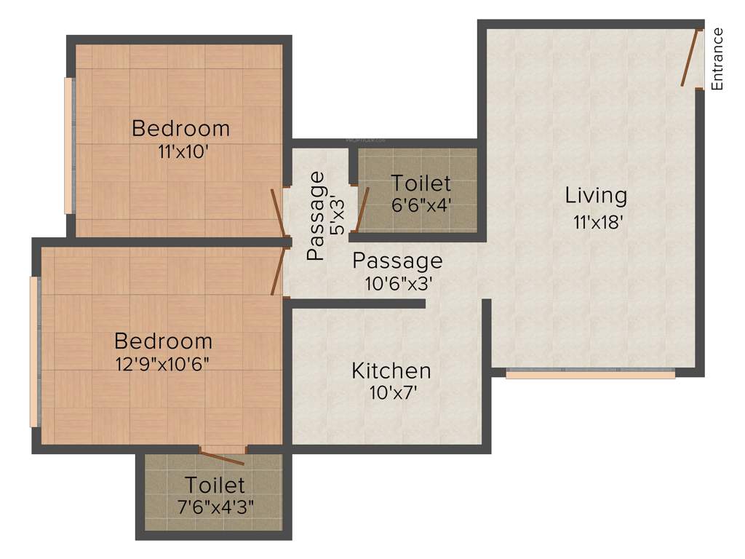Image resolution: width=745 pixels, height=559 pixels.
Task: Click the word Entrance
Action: [x=717, y=58]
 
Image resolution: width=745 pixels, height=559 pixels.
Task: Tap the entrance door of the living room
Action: [x=691, y=58]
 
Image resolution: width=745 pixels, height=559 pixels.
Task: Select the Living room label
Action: [x=596, y=196]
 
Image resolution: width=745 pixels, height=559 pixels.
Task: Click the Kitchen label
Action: [x=391, y=371]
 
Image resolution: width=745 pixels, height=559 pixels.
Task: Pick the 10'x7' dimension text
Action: [x=392, y=394]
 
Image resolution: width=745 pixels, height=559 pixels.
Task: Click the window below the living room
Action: [x=590, y=375]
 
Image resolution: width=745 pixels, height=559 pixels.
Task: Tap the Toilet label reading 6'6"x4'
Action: [x=421, y=183]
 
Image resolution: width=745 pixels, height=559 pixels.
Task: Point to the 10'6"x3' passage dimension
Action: [x=399, y=284]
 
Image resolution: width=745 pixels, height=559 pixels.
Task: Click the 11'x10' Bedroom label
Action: [x=180, y=129]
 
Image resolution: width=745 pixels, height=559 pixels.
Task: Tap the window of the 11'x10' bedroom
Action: [x=68, y=146]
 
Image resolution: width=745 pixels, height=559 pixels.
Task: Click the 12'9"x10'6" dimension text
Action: [x=163, y=364]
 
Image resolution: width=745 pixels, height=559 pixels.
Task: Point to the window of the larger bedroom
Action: [x=33, y=352]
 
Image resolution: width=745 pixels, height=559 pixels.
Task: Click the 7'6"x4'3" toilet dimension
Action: [x=215, y=506]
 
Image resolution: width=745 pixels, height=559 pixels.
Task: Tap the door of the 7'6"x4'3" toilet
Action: [x=223, y=456]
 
